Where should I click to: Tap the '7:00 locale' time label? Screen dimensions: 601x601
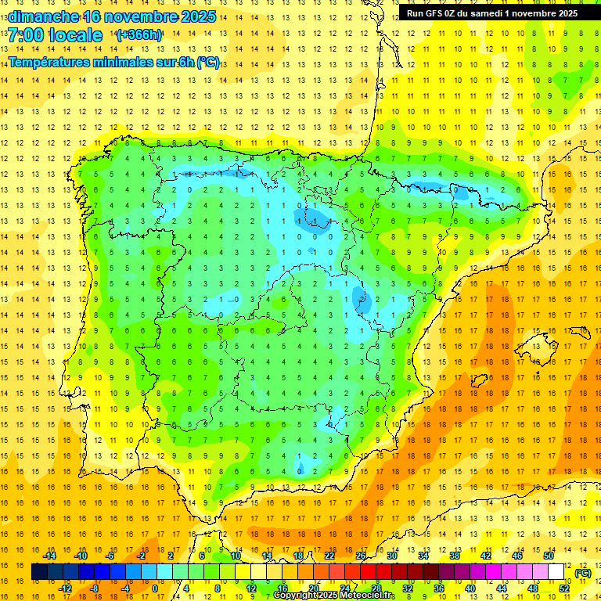click(x=55, y=35)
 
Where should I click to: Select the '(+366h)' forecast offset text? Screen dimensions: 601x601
click(x=139, y=35)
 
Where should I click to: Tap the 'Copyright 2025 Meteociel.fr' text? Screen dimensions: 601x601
click(x=334, y=596)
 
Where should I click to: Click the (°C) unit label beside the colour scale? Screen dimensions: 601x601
click(x=583, y=573)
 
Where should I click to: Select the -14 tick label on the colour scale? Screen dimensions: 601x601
click(x=49, y=556)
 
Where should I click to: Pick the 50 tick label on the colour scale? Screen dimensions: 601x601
click(x=548, y=556)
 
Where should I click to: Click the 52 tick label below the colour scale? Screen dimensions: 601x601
click(x=564, y=588)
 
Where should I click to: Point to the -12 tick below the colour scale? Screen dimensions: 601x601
click(x=65, y=588)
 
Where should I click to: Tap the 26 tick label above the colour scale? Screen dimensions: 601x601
click(x=361, y=556)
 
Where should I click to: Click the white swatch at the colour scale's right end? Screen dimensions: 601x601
click(x=556, y=572)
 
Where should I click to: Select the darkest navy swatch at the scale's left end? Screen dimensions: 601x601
click(x=40, y=572)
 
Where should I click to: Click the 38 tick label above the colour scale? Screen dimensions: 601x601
click(x=455, y=556)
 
